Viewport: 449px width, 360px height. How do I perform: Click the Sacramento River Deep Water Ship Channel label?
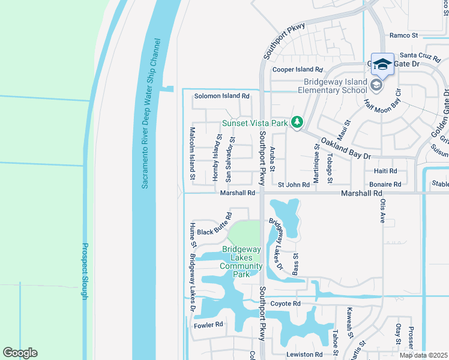(151, 115)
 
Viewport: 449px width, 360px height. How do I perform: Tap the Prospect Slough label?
(85, 271)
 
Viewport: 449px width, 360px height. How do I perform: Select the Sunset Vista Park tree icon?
(296, 122)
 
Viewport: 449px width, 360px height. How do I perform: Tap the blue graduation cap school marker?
(382, 64)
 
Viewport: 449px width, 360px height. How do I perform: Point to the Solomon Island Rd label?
(221, 96)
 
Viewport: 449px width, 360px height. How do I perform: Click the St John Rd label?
(293, 185)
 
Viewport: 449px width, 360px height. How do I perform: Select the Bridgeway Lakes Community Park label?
(241, 262)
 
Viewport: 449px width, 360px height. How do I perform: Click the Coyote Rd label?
(285, 304)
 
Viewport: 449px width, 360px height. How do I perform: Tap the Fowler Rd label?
(208, 325)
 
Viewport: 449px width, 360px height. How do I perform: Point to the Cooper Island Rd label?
(298, 70)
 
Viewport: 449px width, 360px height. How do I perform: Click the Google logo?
(20, 353)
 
